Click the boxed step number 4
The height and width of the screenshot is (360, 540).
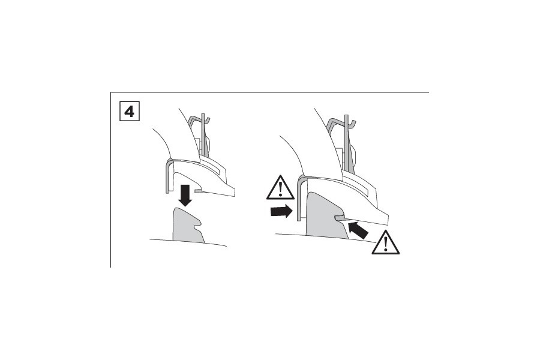(x=130, y=111)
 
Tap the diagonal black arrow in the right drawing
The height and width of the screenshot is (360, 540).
(x=358, y=230)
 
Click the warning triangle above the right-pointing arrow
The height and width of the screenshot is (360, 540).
(x=280, y=188)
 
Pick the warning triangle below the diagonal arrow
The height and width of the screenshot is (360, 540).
(x=386, y=242)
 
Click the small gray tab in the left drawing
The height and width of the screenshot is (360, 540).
(x=199, y=190)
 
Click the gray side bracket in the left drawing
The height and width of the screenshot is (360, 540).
(x=169, y=176)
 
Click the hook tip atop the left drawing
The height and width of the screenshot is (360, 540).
(x=209, y=119)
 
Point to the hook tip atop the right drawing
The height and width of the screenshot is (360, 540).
(x=355, y=122)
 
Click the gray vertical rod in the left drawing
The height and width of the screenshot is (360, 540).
(x=203, y=134)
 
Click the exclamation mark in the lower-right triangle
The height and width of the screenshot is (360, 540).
(x=386, y=244)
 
